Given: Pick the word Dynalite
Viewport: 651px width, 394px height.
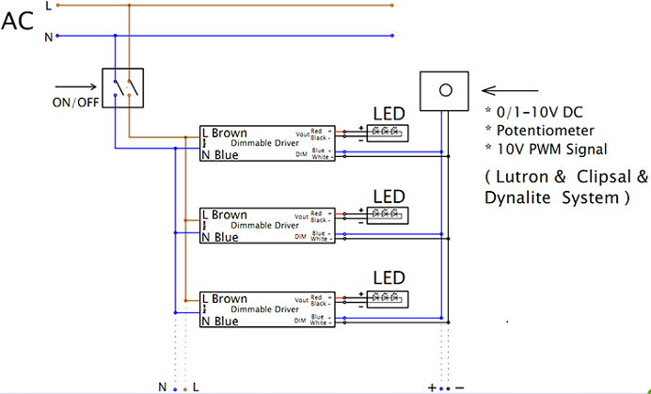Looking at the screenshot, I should pos(516,197).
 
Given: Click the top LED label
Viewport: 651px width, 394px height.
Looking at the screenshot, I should pos(389,113).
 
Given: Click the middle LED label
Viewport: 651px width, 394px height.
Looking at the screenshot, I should pos(389,196).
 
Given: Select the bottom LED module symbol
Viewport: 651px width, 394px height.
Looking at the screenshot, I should pos(389,297).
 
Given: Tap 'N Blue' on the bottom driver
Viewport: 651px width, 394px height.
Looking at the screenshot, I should pos(220,321).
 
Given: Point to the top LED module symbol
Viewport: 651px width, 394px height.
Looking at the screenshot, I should pos(389,132).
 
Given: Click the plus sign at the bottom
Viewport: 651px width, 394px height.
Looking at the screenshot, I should pos(432,386).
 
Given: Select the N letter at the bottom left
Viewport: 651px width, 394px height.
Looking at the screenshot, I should pos(163,386).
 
